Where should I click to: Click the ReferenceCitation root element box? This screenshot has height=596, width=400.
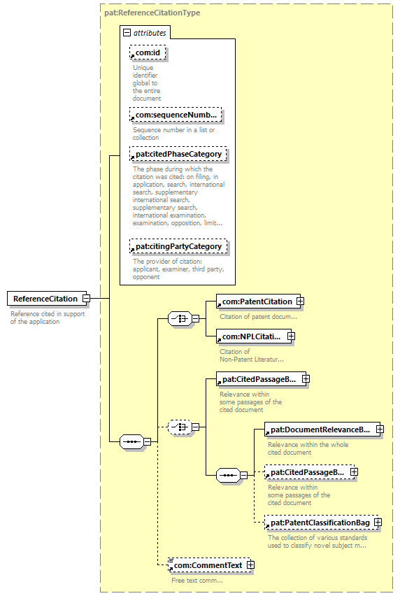point(45,299)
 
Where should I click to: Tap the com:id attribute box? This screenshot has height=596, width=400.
point(148,53)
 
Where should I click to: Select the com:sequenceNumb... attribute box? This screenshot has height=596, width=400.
point(176,115)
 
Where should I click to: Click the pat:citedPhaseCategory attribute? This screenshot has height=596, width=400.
point(178,154)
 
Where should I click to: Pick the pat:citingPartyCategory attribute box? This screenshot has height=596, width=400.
point(178,246)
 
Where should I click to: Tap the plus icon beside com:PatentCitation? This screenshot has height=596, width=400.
point(300,301)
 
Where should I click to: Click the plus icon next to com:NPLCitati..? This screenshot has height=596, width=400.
point(291,336)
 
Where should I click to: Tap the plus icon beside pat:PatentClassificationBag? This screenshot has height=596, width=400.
point(378,523)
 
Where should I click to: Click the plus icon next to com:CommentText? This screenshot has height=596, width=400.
point(250,565)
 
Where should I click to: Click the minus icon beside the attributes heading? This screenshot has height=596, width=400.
point(127,33)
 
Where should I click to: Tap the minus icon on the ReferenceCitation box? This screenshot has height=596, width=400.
point(86,299)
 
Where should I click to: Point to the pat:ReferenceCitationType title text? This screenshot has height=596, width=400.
point(152,13)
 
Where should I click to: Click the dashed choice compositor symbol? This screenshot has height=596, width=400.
point(179,427)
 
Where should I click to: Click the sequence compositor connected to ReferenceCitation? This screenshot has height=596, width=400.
point(131,441)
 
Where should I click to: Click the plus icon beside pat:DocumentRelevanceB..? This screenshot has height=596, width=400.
point(380,429)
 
